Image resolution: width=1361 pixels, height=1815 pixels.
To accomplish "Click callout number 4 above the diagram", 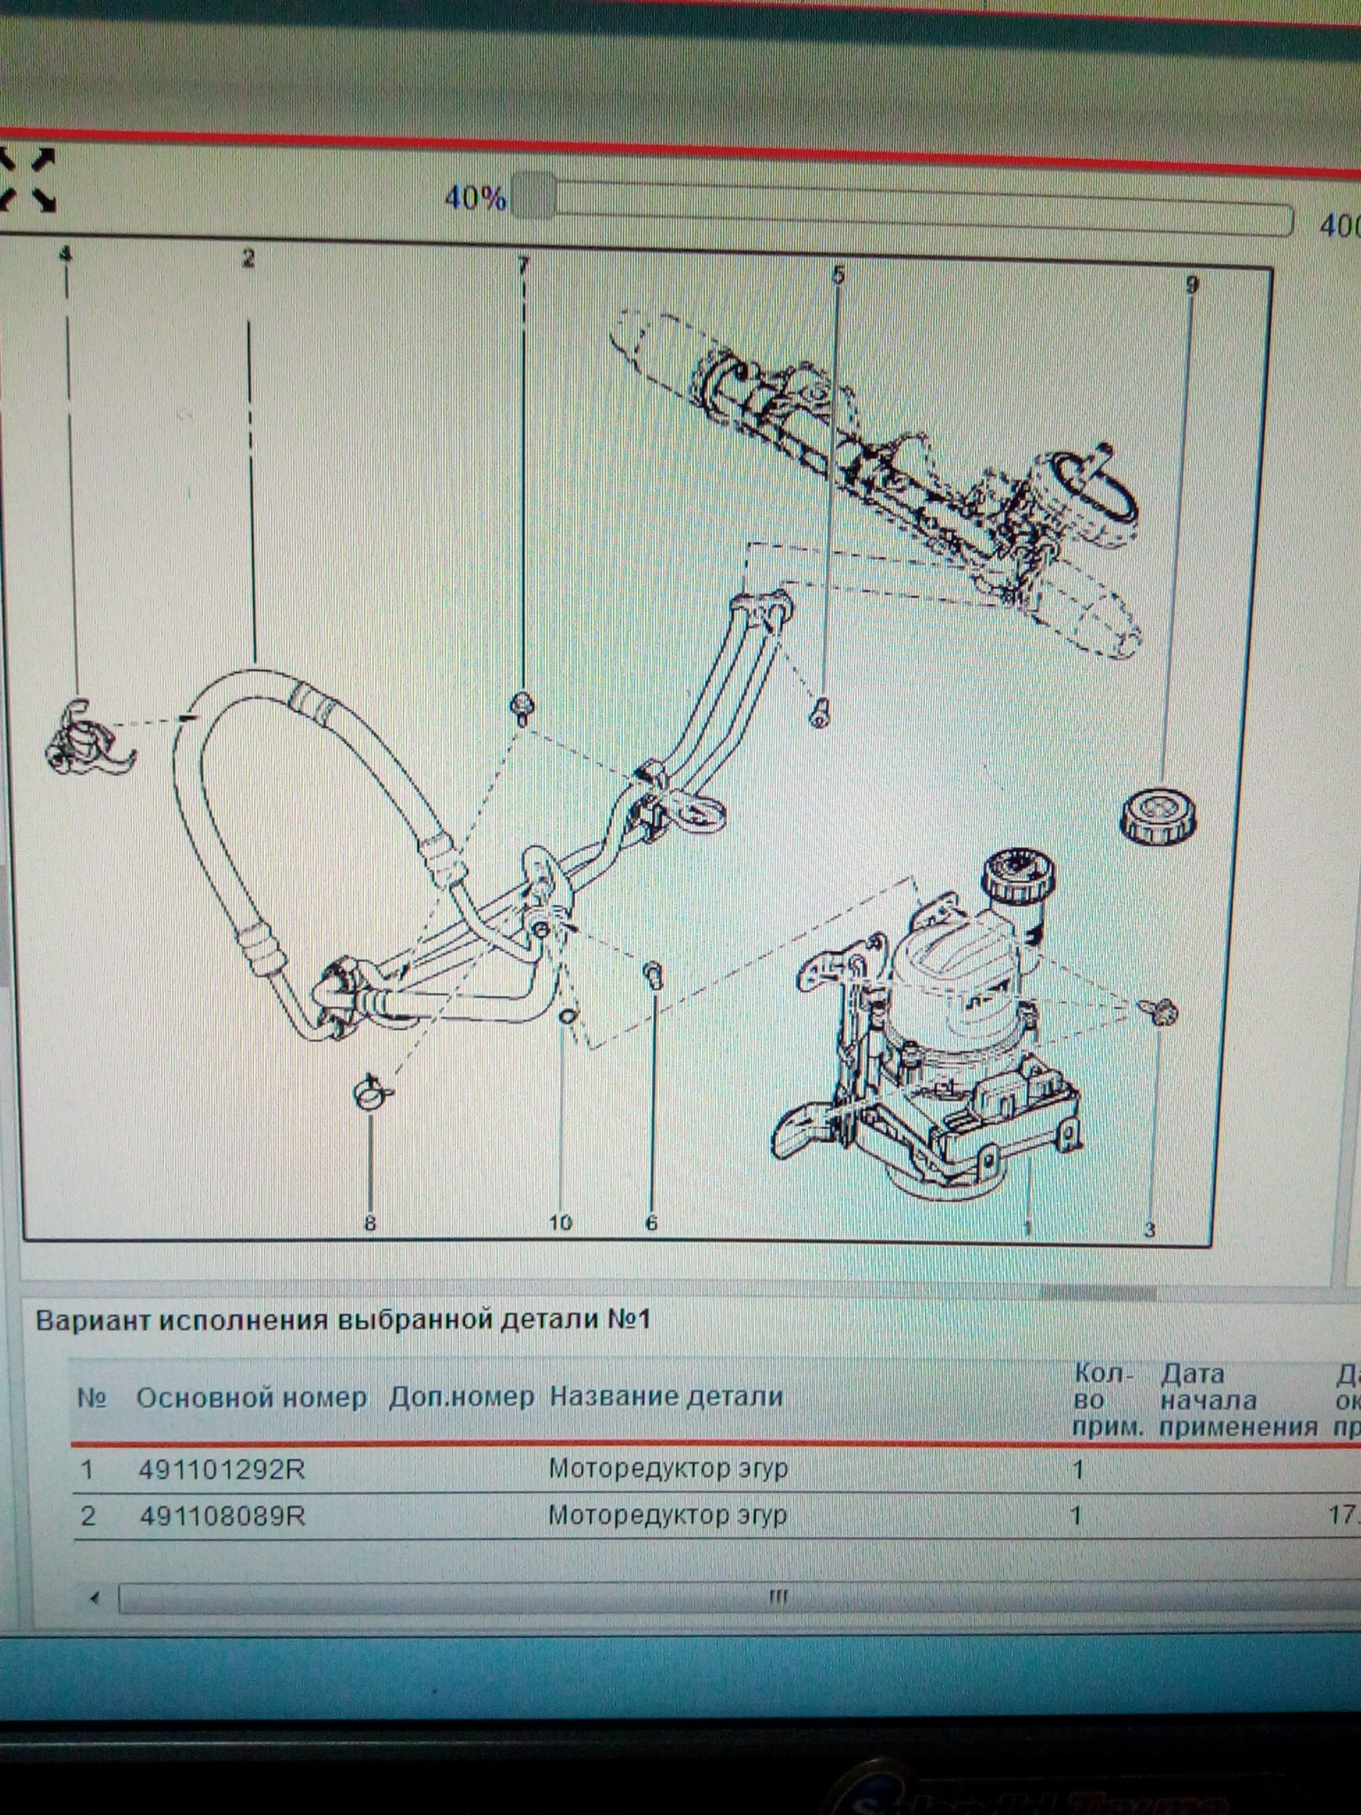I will pos(66,254).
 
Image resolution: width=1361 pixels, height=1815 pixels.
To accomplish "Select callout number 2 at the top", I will pos(248,259).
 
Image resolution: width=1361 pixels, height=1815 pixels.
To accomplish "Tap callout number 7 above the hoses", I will pos(524,265).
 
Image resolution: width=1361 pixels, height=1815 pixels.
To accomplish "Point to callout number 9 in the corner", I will pos(1192,284).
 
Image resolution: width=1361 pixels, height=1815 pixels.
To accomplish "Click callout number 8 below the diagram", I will pos(370,1223).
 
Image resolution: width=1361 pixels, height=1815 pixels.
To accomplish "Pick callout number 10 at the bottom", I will pos(560,1223).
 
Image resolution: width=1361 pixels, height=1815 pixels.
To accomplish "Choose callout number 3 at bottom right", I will pos(1150,1229).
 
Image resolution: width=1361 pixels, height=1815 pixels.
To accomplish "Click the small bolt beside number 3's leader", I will pos(1163,1010).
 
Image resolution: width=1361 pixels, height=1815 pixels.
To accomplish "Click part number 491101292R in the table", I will pos(222,1470).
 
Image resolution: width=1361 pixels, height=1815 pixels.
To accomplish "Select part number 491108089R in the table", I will pos(222,1515).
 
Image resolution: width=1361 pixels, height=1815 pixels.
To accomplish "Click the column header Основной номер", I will pos(251,1398).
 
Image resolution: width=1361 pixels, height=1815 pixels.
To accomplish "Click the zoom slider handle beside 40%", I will pos(533,196).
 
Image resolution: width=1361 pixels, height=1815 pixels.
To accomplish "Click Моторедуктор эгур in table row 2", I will pos(667,1515).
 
